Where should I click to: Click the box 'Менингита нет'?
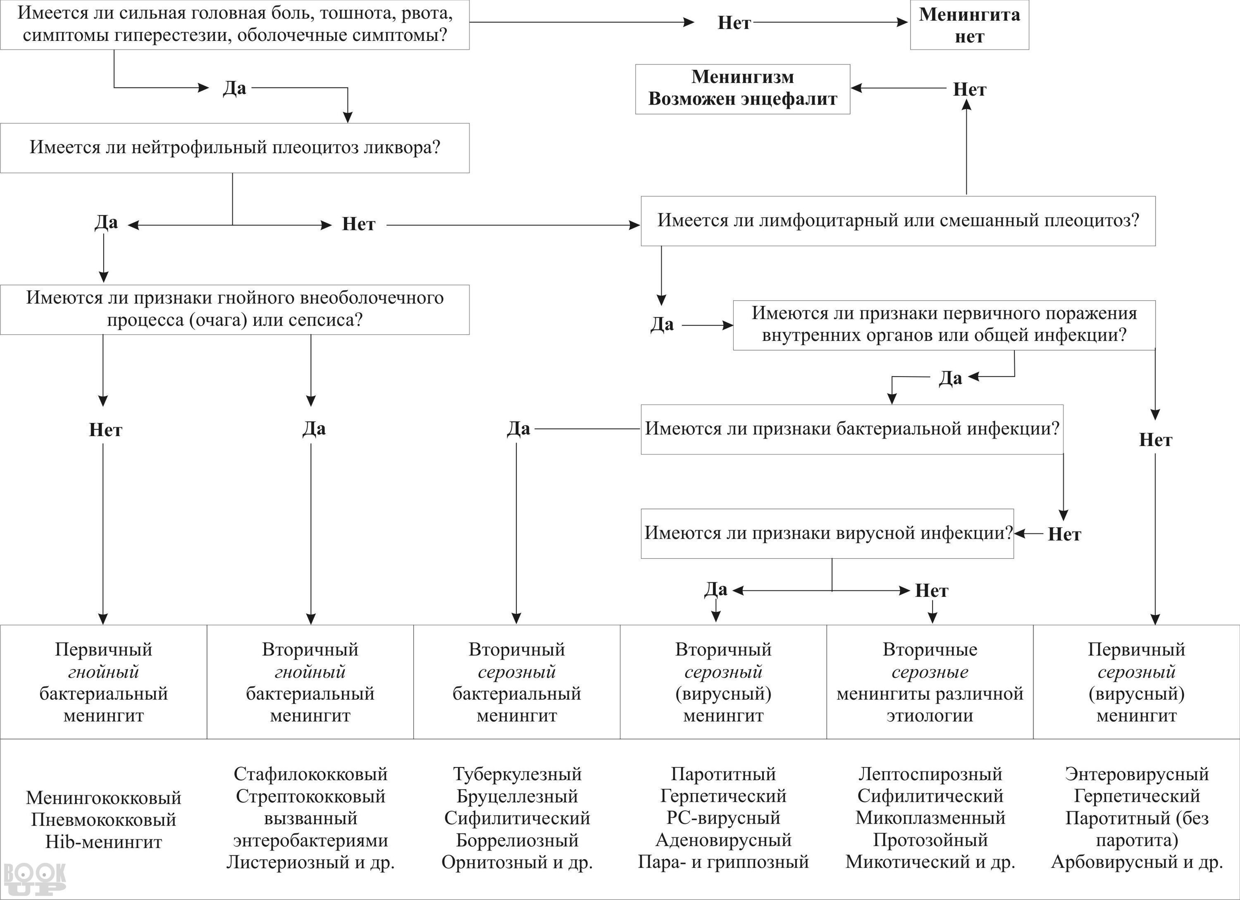(969, 25)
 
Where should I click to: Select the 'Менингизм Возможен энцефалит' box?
(742, 89)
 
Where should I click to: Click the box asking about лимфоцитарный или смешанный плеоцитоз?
(898, 221)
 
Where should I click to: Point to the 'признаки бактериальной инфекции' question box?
(852, 430)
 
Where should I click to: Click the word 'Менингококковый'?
(103, 798)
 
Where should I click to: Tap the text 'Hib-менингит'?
(103, 842)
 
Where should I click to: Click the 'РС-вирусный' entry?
(723, 818)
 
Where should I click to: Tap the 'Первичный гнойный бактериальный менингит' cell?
(103, 682)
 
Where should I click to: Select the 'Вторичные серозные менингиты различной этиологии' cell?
(930, 682)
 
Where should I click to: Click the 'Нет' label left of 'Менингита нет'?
(734, 23)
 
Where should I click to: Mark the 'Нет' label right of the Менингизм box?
(969, 90)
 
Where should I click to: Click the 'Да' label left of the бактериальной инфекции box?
(518, 429)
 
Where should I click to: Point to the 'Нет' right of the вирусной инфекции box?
(1064, 534)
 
